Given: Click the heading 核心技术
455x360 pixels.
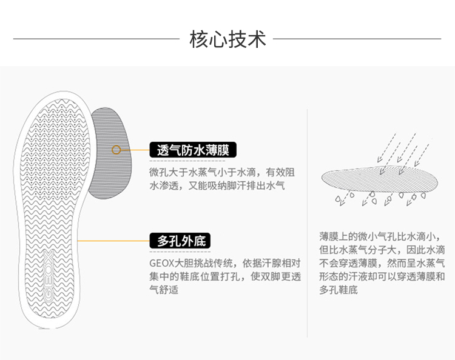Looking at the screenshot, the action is pos(227,39).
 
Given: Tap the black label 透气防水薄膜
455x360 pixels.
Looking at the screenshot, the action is pos(193,150).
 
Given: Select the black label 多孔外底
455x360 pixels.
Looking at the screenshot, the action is pos(180,241).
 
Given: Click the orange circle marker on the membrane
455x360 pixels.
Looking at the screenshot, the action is pos(116,150).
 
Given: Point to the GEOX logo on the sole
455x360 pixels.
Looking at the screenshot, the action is pos(49,276).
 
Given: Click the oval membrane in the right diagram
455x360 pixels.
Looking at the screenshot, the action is pos(380,179).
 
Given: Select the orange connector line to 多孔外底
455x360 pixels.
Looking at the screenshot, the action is pos(114,241).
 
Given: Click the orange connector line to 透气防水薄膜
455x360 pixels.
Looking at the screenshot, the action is pos(135,150).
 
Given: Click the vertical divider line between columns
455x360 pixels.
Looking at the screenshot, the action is pos(307,223).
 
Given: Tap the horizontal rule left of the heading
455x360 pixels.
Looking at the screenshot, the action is pos(96,39).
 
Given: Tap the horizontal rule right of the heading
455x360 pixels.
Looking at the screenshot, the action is pos(357,39).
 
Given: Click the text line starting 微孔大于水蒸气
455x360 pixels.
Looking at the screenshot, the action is pos(222,173).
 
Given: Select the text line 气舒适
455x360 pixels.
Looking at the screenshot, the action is pos(164,290).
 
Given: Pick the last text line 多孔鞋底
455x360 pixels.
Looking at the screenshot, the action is pos(339,290).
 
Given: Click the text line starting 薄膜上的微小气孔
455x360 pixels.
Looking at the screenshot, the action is pos(382,237).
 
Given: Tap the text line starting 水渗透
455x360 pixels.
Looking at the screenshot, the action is pos(217,185).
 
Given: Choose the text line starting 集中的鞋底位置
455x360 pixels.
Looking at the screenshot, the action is pos(225,276).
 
